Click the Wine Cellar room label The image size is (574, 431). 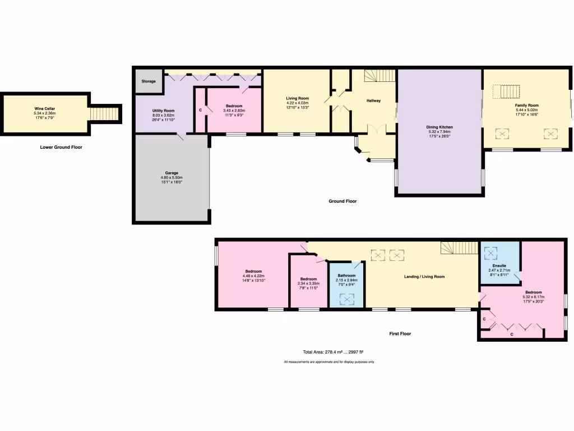[x=44, y=108]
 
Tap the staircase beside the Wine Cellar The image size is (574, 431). [x=104, y=114]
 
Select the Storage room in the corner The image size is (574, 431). [x=149, y=81]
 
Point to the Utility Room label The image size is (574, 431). [x=164, y=111]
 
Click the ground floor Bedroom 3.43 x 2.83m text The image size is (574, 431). [x=234, y=111]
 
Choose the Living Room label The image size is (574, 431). [x=298, y=99]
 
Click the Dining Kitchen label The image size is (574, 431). [x=439, y=127]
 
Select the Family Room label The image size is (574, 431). [x=527, y=105]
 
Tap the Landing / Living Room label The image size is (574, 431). [x=424, y=277]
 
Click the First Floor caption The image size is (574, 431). [x=400, y=333]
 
